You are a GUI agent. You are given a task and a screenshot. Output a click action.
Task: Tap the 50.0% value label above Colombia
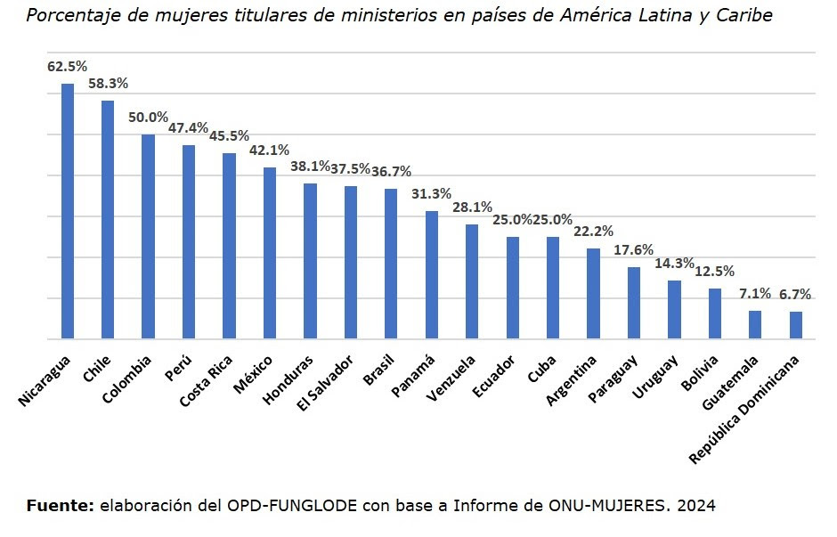(148, 118)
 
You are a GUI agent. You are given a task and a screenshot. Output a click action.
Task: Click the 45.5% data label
(229, 136)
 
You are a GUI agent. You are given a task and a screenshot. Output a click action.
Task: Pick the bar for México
(270, 254)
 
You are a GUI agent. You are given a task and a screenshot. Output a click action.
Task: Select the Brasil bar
(391, 264)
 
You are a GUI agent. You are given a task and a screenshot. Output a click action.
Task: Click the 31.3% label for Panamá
(431, 194)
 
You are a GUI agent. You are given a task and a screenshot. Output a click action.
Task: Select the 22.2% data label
(593, 232)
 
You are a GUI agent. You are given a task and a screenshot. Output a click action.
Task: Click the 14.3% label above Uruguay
(674, 264)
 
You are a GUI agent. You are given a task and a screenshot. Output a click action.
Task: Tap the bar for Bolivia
(714, 313)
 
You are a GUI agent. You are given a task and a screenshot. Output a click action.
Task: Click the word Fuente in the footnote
(60, 506)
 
